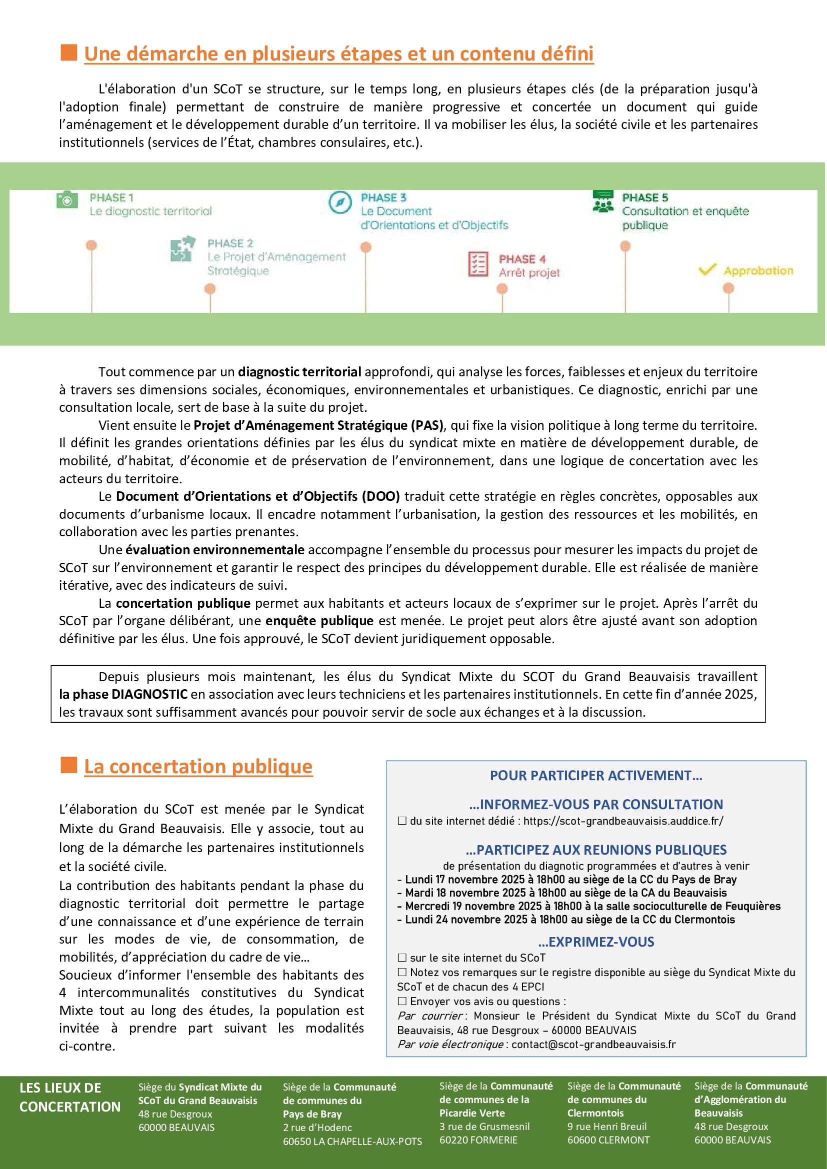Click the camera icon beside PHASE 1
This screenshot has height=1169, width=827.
pyautogui.click(x=66, y=200)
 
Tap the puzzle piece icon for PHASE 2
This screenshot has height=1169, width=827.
pyautogui.click(x=183, y=248)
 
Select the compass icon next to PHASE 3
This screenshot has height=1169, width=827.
pyautogui.click(x=340, y=202)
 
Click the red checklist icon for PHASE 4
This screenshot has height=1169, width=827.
pyautogui.click(x=477, y=264)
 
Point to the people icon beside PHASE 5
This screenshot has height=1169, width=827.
pyautogui.click(x=603, y=201)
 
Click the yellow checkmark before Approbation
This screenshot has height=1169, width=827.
pyautogui.click(x=707, y=269)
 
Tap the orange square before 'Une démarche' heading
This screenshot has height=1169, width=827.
pyautogui.click(x=68, y=52)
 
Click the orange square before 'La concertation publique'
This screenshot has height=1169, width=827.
pyautogui.click(x=68, y=765)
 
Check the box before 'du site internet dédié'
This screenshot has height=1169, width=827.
pyautogui.click(x=402, y=821)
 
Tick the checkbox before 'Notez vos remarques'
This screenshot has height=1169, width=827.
pyautogui.click(x=402, y=972)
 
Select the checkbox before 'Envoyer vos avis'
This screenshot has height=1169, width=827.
pyautogui.click(x=402, y=1001)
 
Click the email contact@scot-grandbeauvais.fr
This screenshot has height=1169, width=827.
pyautogui.click(x=593, y=1045)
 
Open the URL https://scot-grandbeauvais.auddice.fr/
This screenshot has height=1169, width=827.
pyautogui.click(x=623, y=821)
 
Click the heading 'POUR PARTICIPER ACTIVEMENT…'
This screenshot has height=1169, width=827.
pyautogui.click(x=596, y=776)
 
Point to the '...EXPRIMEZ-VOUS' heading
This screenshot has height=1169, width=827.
pyautogui.click(x=596, y=942)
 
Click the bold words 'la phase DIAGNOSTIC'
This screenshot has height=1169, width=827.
pyautogui.click(x=123, y=695)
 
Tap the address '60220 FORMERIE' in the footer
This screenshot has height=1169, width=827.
pyautogui.click(x=477, y=1140)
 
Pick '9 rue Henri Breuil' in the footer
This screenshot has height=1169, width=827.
pyautogui.click(x=606, y=1126)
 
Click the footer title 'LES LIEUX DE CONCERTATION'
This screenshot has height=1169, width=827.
pyautogui.click(x=70, y=1097)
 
